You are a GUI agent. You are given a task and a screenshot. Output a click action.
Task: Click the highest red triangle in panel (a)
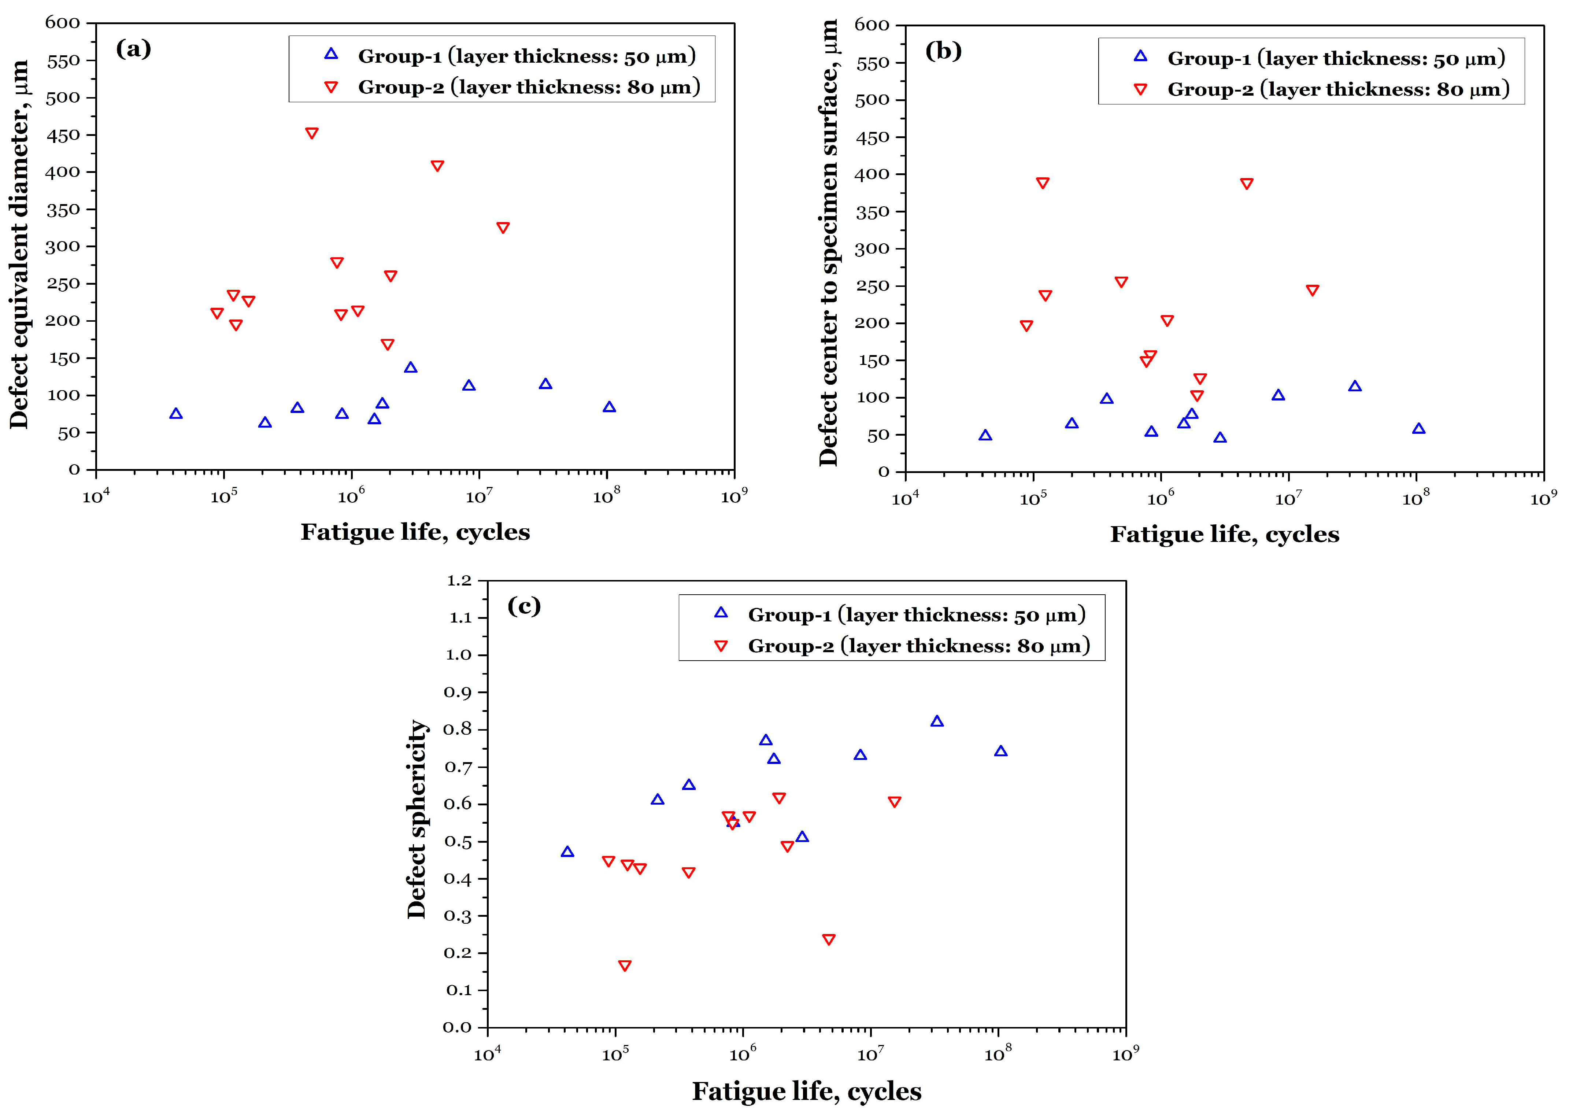point(311,133)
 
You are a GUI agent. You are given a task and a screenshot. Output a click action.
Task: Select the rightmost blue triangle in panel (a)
point(609,407)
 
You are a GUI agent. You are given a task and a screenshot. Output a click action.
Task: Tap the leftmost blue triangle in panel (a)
point(175,413)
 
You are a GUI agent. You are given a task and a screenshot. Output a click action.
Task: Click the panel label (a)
point(133,49)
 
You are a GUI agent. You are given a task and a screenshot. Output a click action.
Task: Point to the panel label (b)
point(943,51)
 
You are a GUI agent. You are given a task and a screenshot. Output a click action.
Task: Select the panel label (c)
point(523,606)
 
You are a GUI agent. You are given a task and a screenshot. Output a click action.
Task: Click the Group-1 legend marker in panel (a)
point(331,54)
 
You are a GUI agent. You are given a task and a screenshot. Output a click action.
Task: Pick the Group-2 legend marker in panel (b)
point(1141,89)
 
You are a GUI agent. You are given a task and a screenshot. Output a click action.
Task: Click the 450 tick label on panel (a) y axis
point(63,135)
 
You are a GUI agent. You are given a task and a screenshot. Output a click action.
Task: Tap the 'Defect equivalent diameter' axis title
point(19,245)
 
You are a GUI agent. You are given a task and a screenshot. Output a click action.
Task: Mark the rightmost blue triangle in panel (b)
point(1418,429)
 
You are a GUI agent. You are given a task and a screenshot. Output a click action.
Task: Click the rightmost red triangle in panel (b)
point(1312,290)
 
